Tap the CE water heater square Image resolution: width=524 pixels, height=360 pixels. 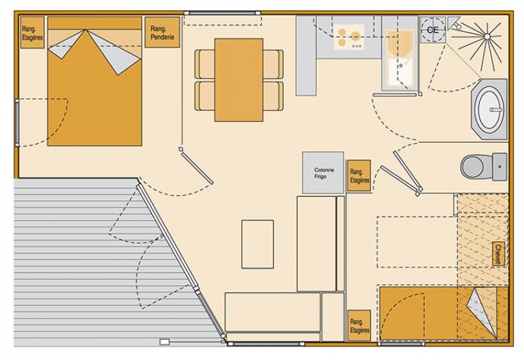tap(432, 30)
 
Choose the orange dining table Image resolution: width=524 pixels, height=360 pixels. tap(238, 79)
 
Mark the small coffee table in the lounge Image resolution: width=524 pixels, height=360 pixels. tap(257, 243)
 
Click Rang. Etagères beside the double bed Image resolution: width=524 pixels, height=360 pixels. tap(31, 33)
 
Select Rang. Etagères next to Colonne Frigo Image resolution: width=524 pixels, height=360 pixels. tap(359, 177)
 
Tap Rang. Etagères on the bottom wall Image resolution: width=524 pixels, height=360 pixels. tap(359, 327)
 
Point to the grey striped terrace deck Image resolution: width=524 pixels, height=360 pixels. tap(68, 258)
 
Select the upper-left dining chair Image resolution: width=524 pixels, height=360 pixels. tap(204, 64)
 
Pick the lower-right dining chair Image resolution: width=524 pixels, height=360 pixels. tap(273, 96)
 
